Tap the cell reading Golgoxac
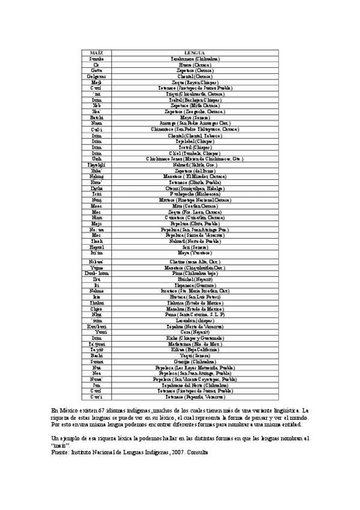pyautogui.click(x=96, y=76)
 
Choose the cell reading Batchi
pyautogui.click(x=96, y=117)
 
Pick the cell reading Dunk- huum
pyautogui.click(x=96, y=272)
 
